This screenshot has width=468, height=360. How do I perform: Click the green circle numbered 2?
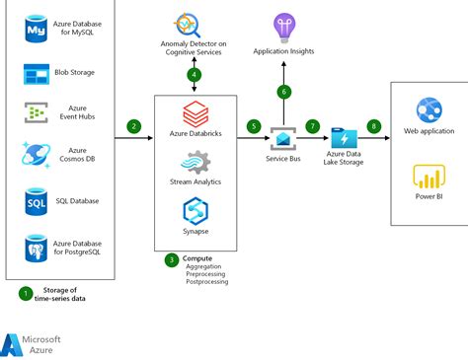(134, 126)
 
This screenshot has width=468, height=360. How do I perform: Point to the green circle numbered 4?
(195, 74)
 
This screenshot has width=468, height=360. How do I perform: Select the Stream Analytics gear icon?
(195, 161)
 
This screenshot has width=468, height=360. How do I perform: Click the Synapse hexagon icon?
(195, 209)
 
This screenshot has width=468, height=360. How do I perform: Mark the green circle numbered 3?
(172, 260)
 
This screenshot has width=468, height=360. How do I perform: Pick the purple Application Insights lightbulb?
(284, 24)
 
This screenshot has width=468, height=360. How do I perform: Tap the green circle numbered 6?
(284, 92)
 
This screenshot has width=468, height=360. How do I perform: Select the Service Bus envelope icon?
(284, 139)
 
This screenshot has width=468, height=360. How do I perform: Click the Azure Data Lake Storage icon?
(345, 139)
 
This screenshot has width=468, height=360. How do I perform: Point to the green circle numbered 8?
(373, 126)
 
